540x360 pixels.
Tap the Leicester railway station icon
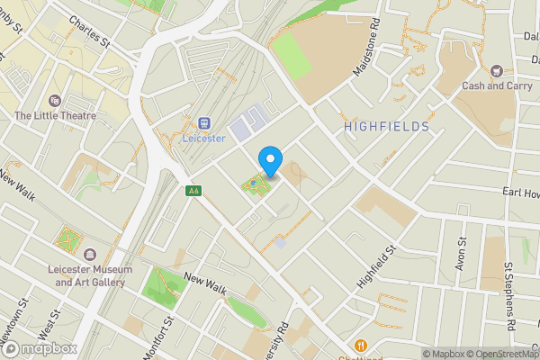(204, 122)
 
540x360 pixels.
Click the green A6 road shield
(193, 191)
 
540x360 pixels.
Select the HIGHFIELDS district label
(386, 128)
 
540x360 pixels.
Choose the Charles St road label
(88, 31)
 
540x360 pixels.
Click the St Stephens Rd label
(509, 295)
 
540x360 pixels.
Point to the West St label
(54, 330)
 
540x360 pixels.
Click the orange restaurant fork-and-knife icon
(361, 345)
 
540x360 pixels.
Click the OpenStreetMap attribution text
(499, 354)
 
